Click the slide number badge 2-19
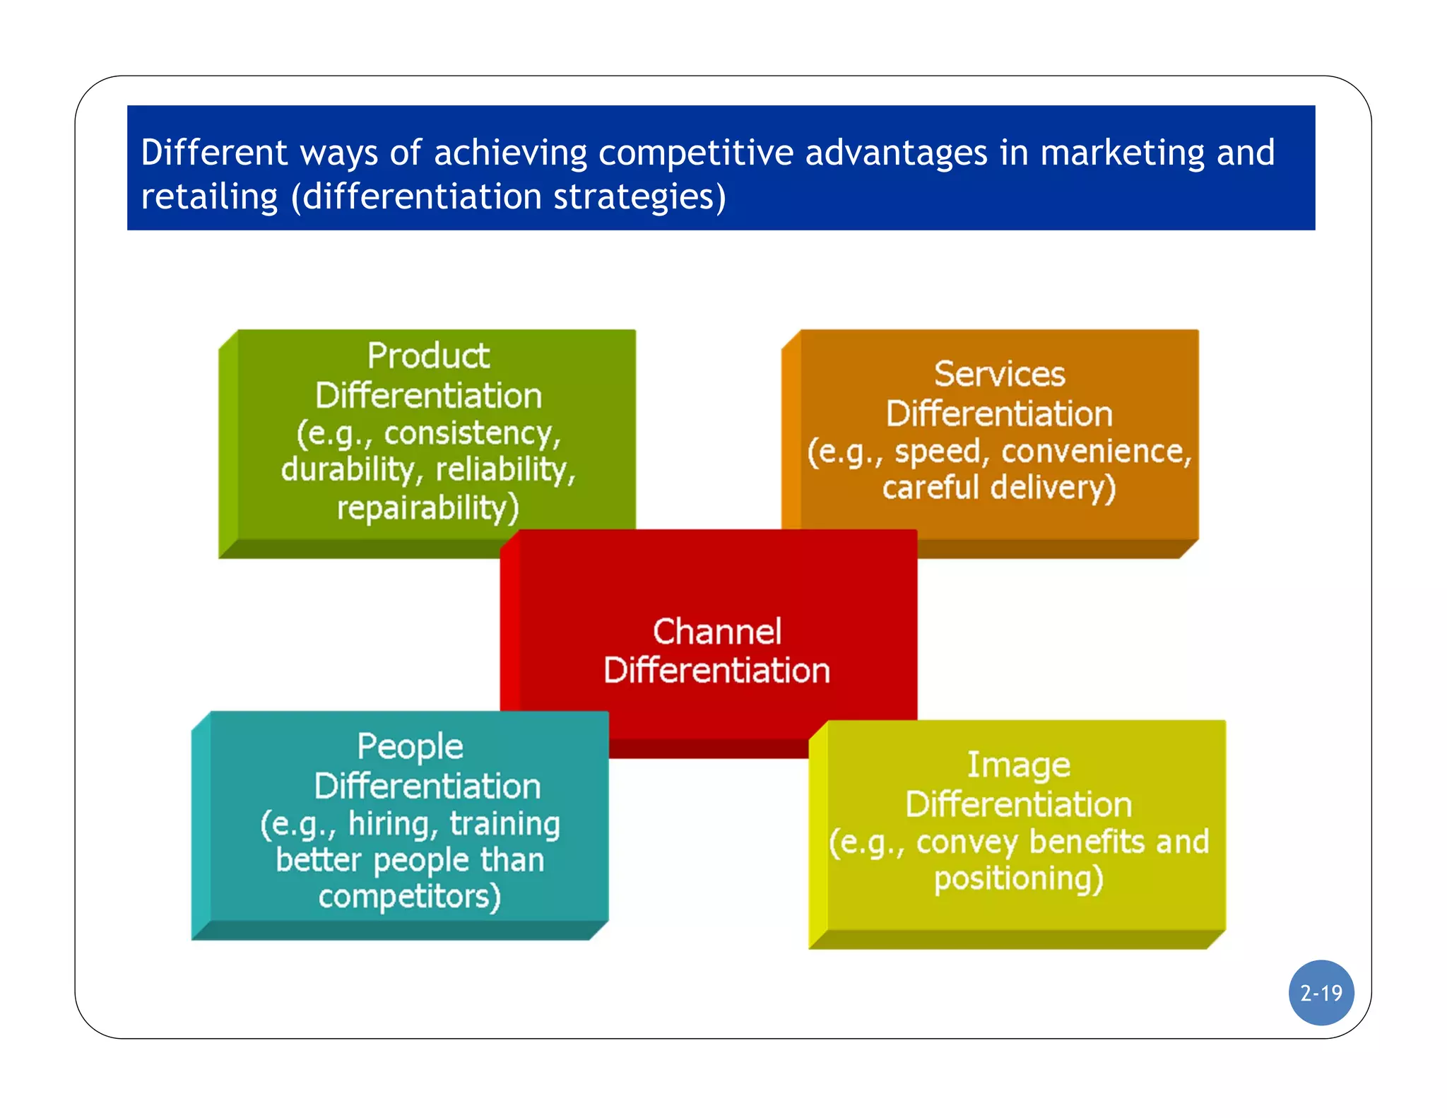pyautogui.click(x=1321, y=993)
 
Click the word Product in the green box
pyautogui.click(x=428, y=355)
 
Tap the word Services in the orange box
pyautogui.click(x=999, y=374)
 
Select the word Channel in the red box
pyautogui.click(x=716, y=631)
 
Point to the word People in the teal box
pyautogui.click(x=410, y=747)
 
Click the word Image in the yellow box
pyautogui.click(x=1018, y=765)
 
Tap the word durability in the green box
pyautogui.click(x=353, y=469)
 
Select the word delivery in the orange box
pyautogui.click(x=1052, y=488)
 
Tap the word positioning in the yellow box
pyautogui.click(x=1017, y=879)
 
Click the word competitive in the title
pyautogui.click(x=695, y=153)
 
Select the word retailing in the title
pyautogui.click(x=209, y=196)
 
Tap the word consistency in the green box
pyautogui.click(x=471, y=433)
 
